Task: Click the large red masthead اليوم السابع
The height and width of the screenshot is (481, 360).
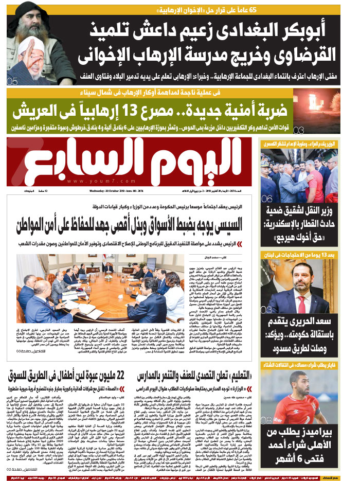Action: pyautogui.click(x=129, y=164)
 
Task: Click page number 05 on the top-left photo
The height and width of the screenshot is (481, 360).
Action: pyautogui.click(x=12, y=80)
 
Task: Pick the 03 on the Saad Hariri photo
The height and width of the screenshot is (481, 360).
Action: pyautogui.click(x=266, y=310)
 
